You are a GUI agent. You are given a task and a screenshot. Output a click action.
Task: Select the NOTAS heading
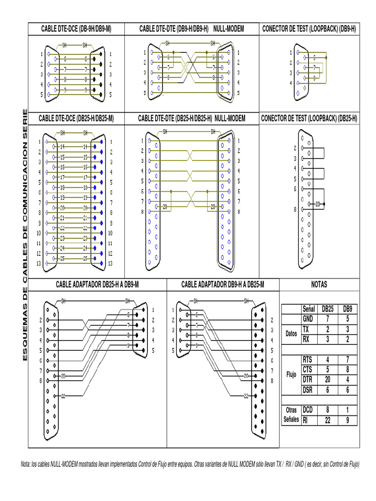click(x=319, y=285)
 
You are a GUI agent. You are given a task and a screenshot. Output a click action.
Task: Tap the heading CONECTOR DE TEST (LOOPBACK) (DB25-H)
click(x=309, y=118)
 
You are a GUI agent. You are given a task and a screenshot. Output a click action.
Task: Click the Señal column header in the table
click(x=308, y=309)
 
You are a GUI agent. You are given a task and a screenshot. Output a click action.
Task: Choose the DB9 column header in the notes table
click(x=347, y=309)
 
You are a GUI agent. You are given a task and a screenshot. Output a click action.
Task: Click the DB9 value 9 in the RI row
click(x=347, y=420)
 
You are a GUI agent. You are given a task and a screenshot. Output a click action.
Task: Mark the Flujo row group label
click(x=291, y=375)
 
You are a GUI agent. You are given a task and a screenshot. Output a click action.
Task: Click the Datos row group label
click(x=291, y=334)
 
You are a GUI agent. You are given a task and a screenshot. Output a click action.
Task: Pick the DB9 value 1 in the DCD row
click(x=347, y=410)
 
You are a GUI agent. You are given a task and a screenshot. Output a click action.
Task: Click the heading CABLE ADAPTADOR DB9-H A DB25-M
click(x=222, y=285)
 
